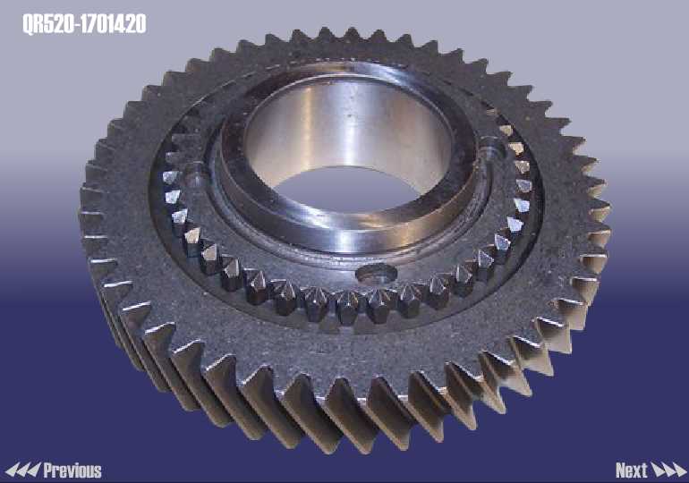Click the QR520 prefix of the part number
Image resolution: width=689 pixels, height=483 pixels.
[x=49, y=24]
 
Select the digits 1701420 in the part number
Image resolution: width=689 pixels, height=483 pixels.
[x=114, y=24]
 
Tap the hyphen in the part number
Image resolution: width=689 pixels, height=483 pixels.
[x=79, y=25]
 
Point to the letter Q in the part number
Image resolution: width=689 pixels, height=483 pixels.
[x=28, y=24]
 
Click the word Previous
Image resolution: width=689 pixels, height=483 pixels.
[x=72, y=470]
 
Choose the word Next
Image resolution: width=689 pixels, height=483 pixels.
[x=632, y=470]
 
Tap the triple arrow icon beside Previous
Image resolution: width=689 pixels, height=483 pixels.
[x=22, y=470]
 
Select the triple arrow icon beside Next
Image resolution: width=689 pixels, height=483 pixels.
[x=668, y=470]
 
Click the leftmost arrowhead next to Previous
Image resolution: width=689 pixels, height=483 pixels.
[x=11, y=470]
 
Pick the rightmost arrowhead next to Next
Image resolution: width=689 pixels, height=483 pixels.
[x=679, y=470]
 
